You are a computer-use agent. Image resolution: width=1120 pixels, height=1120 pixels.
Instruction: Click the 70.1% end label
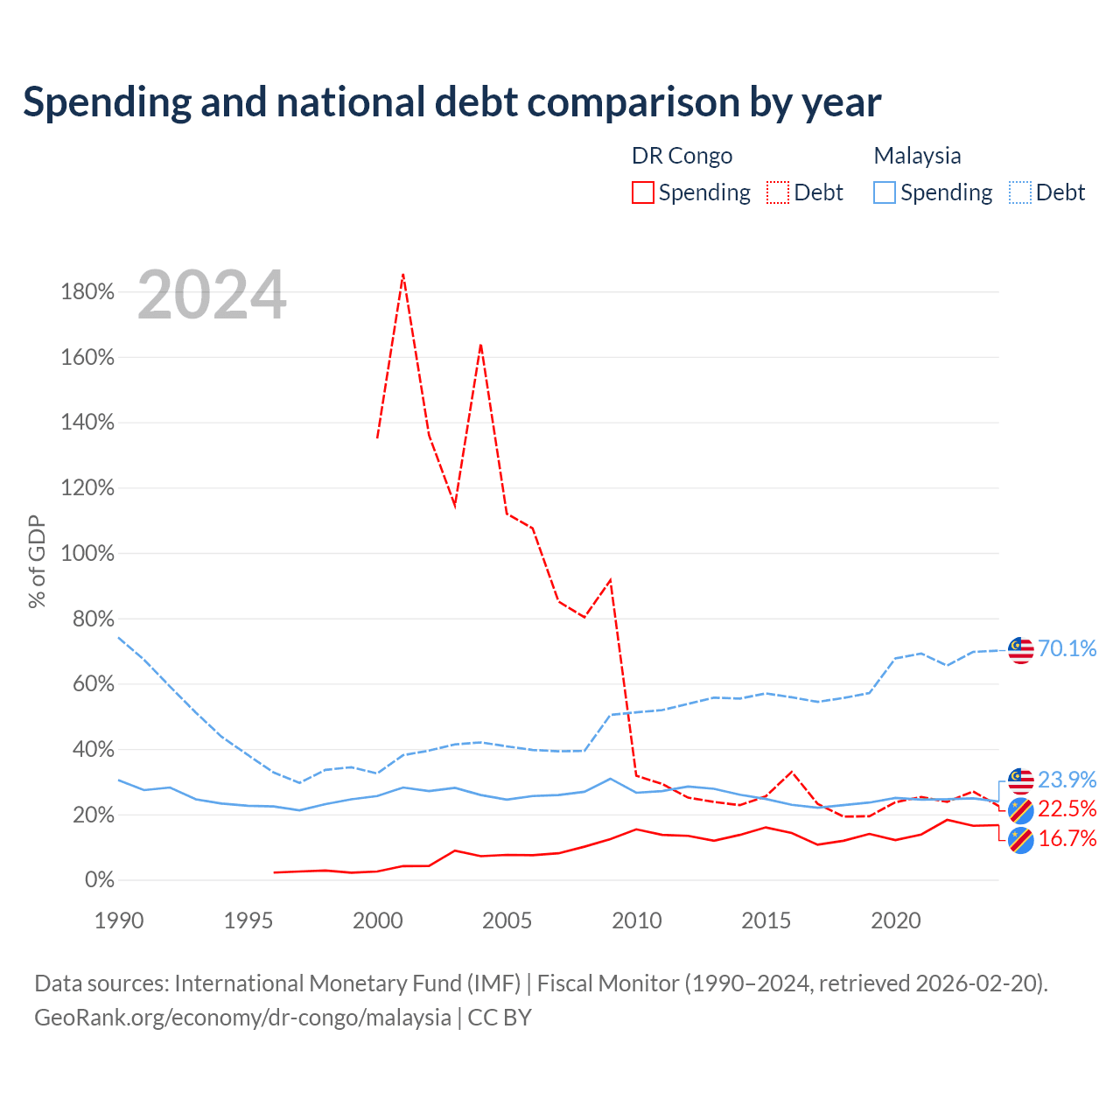tap(1067, 648)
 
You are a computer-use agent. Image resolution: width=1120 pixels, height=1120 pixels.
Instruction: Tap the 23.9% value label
tap(1067, 780)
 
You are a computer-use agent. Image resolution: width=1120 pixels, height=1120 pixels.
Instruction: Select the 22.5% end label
tap(1067, 809)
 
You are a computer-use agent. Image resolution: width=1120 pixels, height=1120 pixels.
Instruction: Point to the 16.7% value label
tap(1067, 839)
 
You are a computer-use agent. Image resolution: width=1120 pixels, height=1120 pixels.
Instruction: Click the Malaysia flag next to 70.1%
tap(1020, 650)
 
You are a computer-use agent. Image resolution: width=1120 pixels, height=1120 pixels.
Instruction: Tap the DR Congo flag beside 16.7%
tap(1020, 840)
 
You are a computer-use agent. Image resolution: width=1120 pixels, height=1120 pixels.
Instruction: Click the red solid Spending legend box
tap(643, 192)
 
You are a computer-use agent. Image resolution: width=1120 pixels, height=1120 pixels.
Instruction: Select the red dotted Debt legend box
tap(778, 192)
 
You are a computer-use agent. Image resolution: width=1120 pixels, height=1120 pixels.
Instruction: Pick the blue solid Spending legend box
tap(884, 192)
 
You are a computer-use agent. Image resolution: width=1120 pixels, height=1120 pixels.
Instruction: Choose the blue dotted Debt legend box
tap(1019, 192)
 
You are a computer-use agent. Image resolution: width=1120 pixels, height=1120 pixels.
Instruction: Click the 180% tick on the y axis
tap(87, 291)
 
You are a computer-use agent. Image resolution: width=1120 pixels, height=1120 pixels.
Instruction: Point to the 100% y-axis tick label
tap(87, 553)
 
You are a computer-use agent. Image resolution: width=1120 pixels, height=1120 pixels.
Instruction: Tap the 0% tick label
tap(100, 880)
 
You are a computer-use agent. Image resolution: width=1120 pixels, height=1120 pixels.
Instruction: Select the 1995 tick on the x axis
tap(248, 921)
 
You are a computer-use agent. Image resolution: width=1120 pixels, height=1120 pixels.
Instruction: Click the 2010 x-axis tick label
tap(636, 921)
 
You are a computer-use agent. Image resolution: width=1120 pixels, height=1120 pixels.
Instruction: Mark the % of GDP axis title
tap(37, 562)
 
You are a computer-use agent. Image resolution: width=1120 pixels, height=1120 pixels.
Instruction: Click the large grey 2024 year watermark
tap(212, 295)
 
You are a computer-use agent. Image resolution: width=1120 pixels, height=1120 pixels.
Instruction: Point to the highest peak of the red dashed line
tap(402, 275)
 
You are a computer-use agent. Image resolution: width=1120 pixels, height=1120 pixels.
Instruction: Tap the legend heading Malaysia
tap(917, 157)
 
